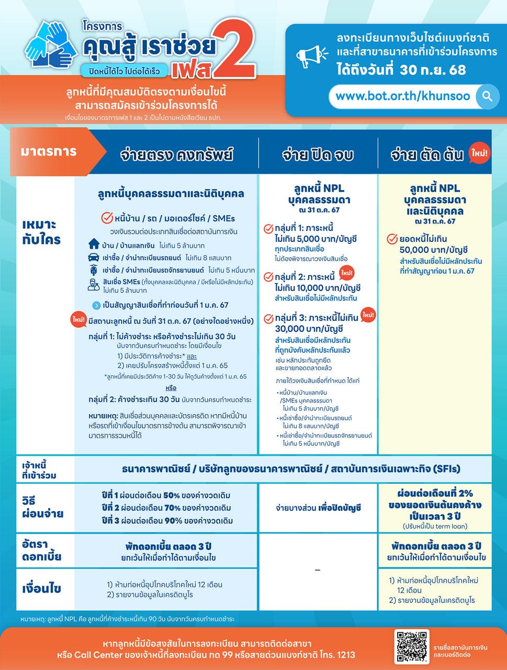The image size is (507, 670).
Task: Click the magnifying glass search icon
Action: coord(487,97)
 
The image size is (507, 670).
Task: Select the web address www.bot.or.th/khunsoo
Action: coord(403,97)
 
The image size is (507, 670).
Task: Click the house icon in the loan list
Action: coord(94,244)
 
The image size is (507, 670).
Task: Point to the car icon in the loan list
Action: coord(94,258)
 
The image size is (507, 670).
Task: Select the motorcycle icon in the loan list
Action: coord(94,270)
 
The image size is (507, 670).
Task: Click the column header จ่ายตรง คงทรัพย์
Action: coord(176,155)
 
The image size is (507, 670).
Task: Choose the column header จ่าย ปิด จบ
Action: coord(318,155)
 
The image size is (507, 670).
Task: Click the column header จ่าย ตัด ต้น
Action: coord(427,155)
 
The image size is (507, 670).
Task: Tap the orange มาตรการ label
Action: coord(49,152)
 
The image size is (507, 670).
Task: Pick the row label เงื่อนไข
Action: coord(42,589)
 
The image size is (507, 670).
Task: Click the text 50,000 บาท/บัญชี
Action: coord(433,250)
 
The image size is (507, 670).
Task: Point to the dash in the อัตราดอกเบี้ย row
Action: coord(318,570)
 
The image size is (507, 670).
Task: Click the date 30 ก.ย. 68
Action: coord(432,70)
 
